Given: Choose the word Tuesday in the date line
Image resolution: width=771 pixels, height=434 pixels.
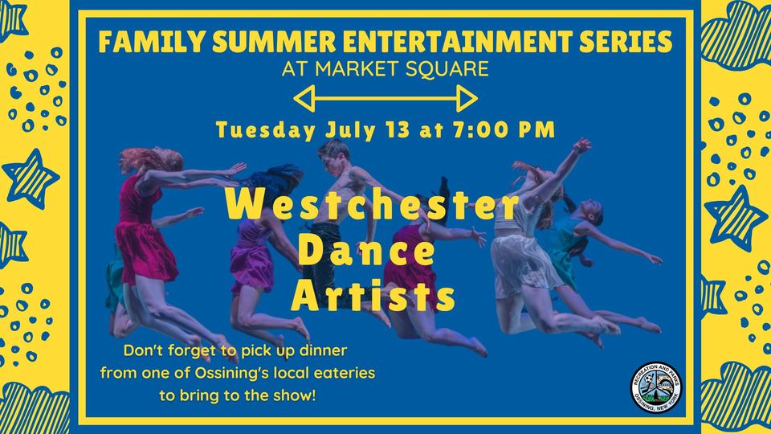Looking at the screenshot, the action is (266, 131).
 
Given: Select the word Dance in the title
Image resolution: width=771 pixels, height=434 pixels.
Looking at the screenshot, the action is (366, 250).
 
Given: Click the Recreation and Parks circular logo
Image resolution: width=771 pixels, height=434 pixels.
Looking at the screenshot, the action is (656, 387).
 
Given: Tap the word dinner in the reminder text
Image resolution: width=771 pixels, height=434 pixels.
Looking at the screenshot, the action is (324, 350).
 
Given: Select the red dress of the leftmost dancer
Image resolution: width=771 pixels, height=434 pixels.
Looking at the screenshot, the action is (142, 231).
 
